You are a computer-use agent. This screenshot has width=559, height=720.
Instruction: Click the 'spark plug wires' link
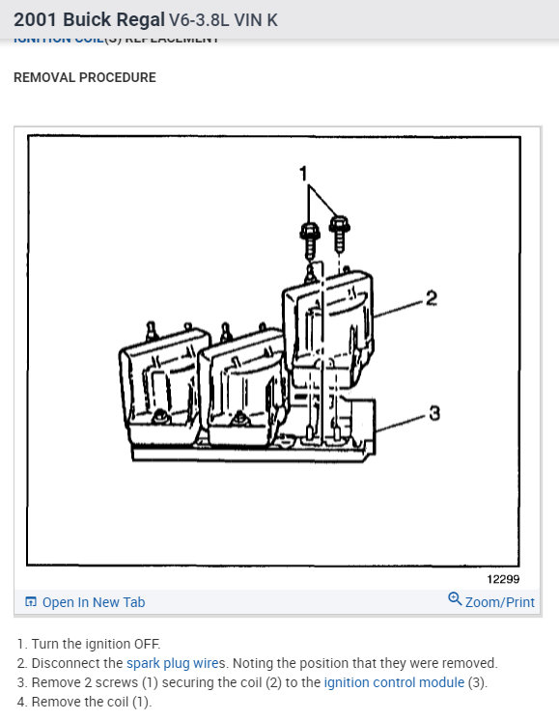(176, 663)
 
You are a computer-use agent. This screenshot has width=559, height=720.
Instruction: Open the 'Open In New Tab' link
(93, 602)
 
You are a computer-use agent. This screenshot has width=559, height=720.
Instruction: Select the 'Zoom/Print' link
(499, 602)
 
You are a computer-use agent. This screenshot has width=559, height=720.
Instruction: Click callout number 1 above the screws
(303, 175)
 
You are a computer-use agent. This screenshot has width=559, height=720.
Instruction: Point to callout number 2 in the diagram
(432, 298)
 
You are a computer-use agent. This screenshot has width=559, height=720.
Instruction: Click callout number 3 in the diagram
(434, 414)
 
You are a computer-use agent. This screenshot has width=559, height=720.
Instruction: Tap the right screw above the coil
(338, 233)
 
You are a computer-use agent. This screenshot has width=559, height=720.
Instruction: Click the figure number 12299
(503, 579)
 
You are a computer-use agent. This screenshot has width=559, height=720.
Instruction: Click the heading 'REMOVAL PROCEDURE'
(85, 77)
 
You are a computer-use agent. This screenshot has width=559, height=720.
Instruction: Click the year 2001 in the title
(37, 18)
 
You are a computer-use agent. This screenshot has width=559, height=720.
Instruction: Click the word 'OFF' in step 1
(147, 644)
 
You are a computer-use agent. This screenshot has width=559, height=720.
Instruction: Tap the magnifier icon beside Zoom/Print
(455, 600)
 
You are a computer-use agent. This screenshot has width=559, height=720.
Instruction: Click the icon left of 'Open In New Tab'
(31, 602)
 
